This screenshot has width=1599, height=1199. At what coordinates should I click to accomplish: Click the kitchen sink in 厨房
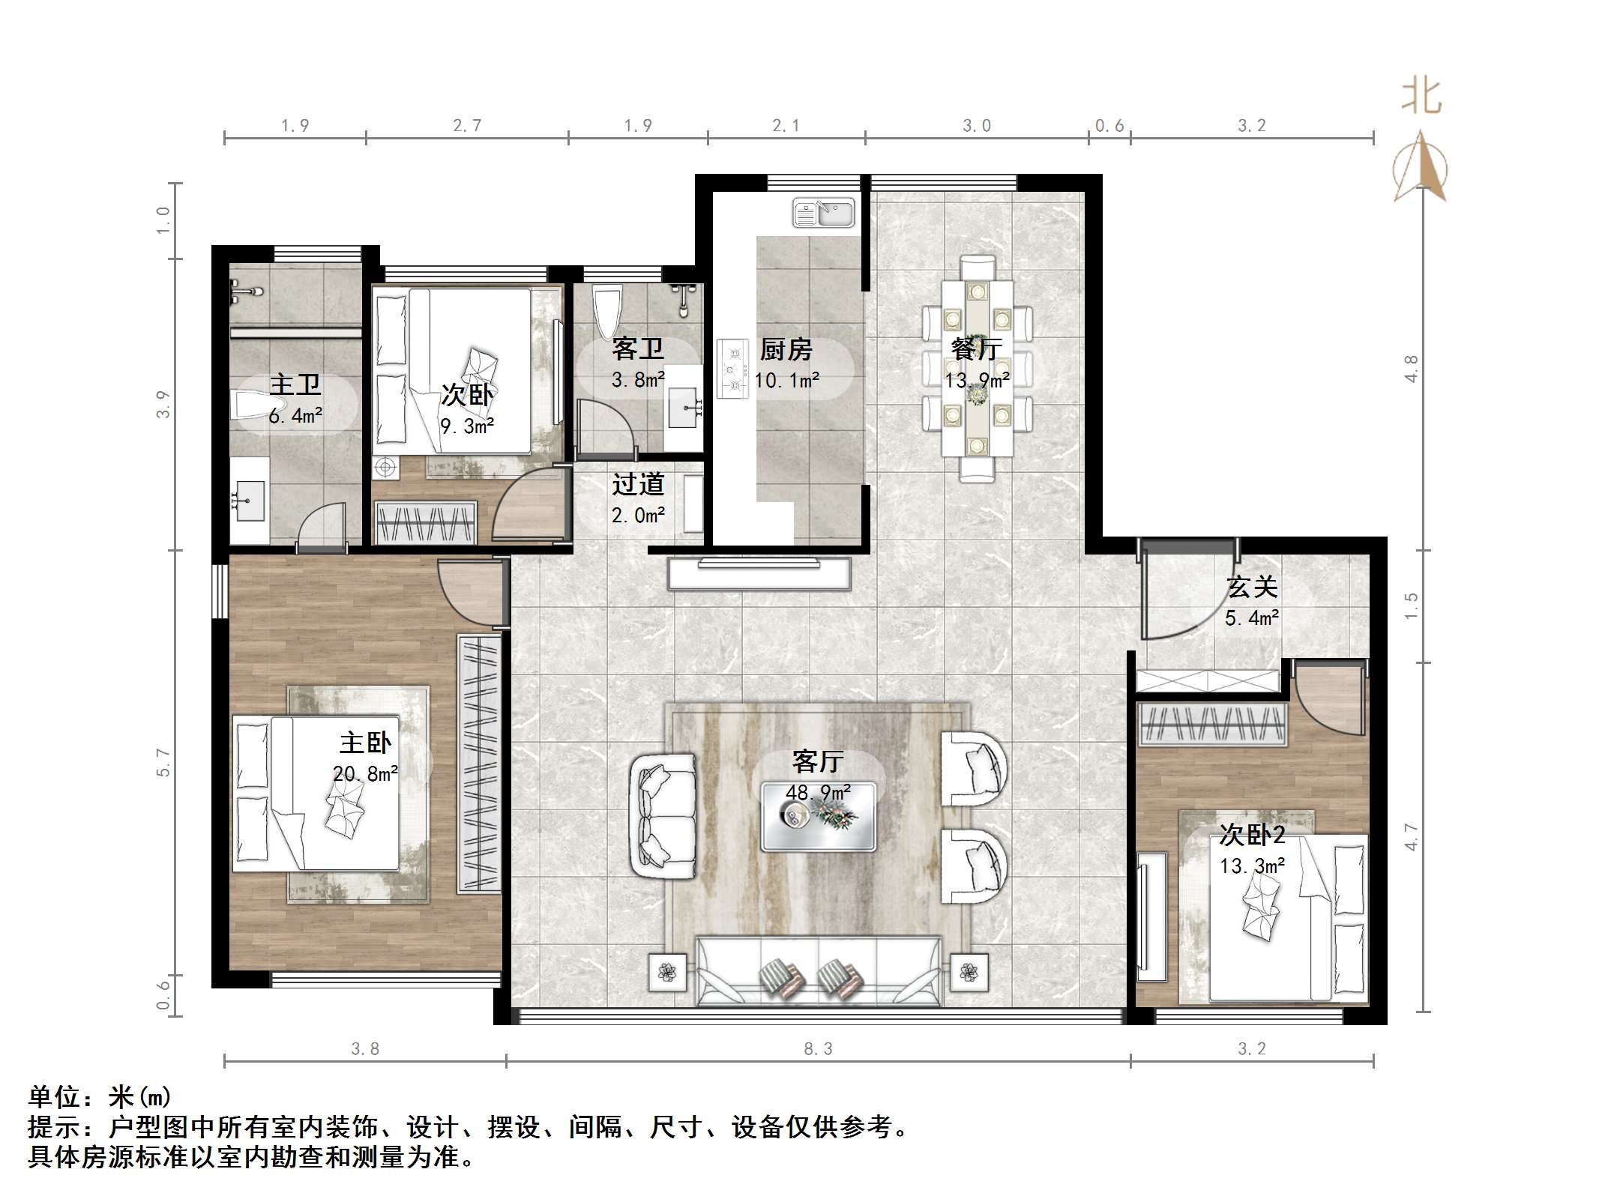823,214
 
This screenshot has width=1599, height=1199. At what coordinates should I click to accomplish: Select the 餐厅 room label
976,349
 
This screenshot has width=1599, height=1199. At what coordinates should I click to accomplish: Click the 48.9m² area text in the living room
817,792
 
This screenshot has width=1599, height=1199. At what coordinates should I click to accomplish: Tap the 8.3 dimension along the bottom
818,1049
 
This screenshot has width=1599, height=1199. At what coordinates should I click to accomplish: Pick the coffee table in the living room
818,817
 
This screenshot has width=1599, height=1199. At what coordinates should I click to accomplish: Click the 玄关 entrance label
1251,587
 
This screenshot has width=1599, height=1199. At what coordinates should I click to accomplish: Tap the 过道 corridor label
638,485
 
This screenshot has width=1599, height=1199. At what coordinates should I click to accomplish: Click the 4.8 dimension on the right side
1412,369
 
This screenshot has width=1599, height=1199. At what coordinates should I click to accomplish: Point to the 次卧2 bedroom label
1252,834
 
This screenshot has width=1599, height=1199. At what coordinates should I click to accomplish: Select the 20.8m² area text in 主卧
365,773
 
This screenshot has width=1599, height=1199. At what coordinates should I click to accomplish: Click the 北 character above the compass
1421,97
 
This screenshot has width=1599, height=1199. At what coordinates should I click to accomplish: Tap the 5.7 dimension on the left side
163,762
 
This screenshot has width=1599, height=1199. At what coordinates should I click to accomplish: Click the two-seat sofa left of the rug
663,816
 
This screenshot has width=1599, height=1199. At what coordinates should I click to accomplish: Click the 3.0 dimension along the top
977,126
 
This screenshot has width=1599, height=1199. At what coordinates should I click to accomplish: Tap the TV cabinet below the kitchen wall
759,574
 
